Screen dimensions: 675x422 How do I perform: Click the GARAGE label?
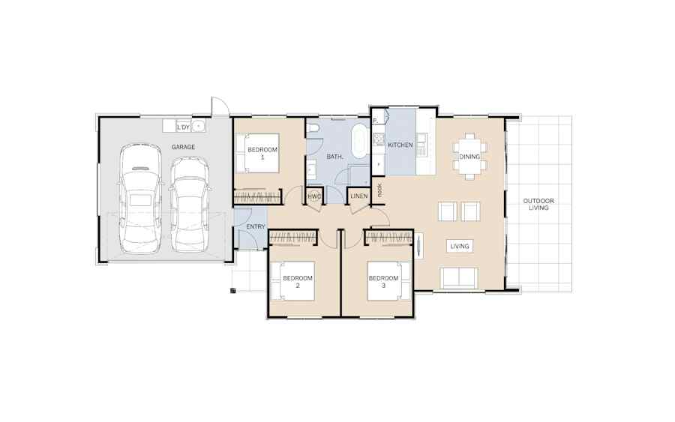[x=183, y=147]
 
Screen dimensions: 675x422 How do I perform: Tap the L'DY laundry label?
[x=183, y=127]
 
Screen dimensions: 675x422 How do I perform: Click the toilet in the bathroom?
[x=313, y=127]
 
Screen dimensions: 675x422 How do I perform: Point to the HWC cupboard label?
[x=314, y=196]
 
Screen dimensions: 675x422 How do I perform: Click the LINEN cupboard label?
[x=359, y=196]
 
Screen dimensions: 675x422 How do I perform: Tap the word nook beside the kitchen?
[x=379, y=190]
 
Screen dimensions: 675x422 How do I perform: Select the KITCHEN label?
[x=400, y=145]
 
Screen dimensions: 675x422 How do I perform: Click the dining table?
[x=469, y=156]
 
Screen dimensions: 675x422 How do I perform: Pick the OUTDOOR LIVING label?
[x=538, y=204]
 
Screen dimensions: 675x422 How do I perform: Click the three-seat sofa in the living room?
[x=459, y=278]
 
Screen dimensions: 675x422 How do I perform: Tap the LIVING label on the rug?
[x=459, y=247]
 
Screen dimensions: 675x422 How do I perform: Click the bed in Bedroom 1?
[x=257, y=153]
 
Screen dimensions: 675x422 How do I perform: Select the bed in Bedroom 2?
[x=292, y=281]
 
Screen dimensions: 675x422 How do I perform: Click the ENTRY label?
[x=256, y=226]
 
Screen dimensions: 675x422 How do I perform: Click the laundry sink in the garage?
[x=198, y=127]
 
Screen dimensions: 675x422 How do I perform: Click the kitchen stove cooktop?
[x=379, y=139]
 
